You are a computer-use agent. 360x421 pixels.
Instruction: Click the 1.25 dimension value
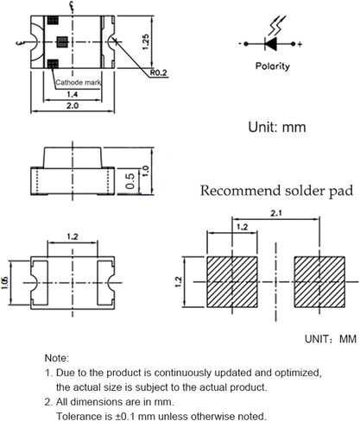[x=146, y=42]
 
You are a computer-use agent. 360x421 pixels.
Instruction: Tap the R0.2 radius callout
[x=159, y=72]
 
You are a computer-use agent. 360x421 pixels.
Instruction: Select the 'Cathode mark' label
[x=79, y=83]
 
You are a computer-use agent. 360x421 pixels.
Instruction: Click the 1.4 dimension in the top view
[x=73, y=94]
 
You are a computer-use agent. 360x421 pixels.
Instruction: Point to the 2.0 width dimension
[x=73, y=105]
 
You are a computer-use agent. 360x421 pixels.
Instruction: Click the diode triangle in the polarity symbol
[x=271, y=44]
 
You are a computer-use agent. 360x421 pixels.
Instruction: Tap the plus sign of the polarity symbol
[x=300, y=44]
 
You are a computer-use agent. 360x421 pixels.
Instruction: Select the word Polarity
[x=273, y=66]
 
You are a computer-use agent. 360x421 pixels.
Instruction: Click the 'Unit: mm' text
[x=277, y=127]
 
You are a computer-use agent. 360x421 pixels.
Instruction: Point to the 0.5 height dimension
[x=130, y=181]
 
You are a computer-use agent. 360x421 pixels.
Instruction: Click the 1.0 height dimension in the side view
[x=146, y=171]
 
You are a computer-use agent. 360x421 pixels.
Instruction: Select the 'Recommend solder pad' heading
[x=276, y=191]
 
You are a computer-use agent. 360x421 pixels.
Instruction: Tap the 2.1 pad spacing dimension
[x=275, y=213]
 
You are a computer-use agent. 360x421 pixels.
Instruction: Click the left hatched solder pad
[x=232, y=282]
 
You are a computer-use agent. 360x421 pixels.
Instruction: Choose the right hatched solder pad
[x=319, y=282]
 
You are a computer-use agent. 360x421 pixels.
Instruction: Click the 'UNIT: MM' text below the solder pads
[x=331, y=339]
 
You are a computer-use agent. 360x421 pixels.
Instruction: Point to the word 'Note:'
[x=57, y=358]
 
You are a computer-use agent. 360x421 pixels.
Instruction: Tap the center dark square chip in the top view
[x=62, y=42]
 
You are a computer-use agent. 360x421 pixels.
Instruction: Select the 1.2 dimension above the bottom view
[x=73, y=236]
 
